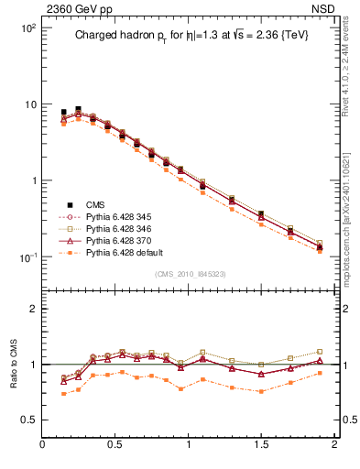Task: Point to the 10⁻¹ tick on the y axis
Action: tap(27, 257)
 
